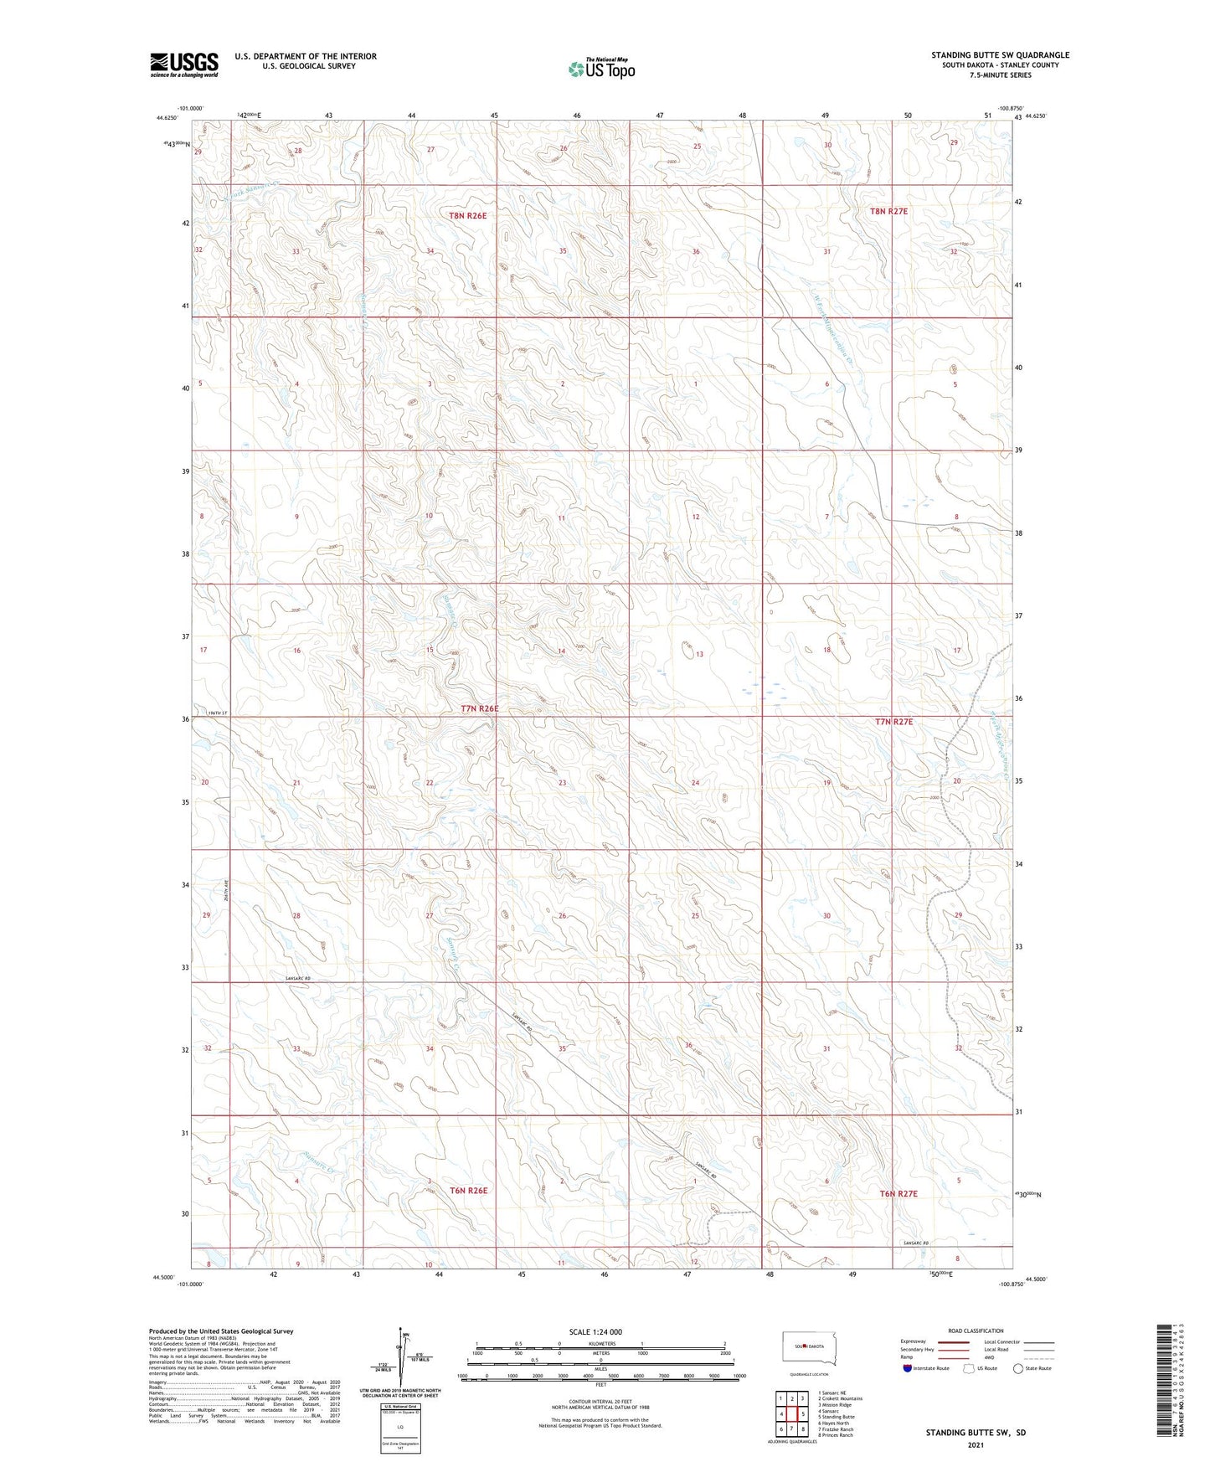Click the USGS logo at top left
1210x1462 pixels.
(183, 64)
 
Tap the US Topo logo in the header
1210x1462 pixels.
(600, 69)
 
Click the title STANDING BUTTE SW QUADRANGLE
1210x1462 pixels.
(1000, 55)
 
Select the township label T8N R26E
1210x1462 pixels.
(467, 215)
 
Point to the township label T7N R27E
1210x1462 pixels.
(893, 721)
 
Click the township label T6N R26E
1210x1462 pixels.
(468, 1190)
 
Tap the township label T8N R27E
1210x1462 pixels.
(888, 212)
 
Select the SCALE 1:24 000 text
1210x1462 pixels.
(595, 1331)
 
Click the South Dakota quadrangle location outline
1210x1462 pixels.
(808, 1346)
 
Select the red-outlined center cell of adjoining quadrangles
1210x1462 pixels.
(791, 1413)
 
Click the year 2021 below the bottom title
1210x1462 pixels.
(975, 1446)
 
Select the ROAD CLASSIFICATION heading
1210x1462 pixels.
(976, 1331)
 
